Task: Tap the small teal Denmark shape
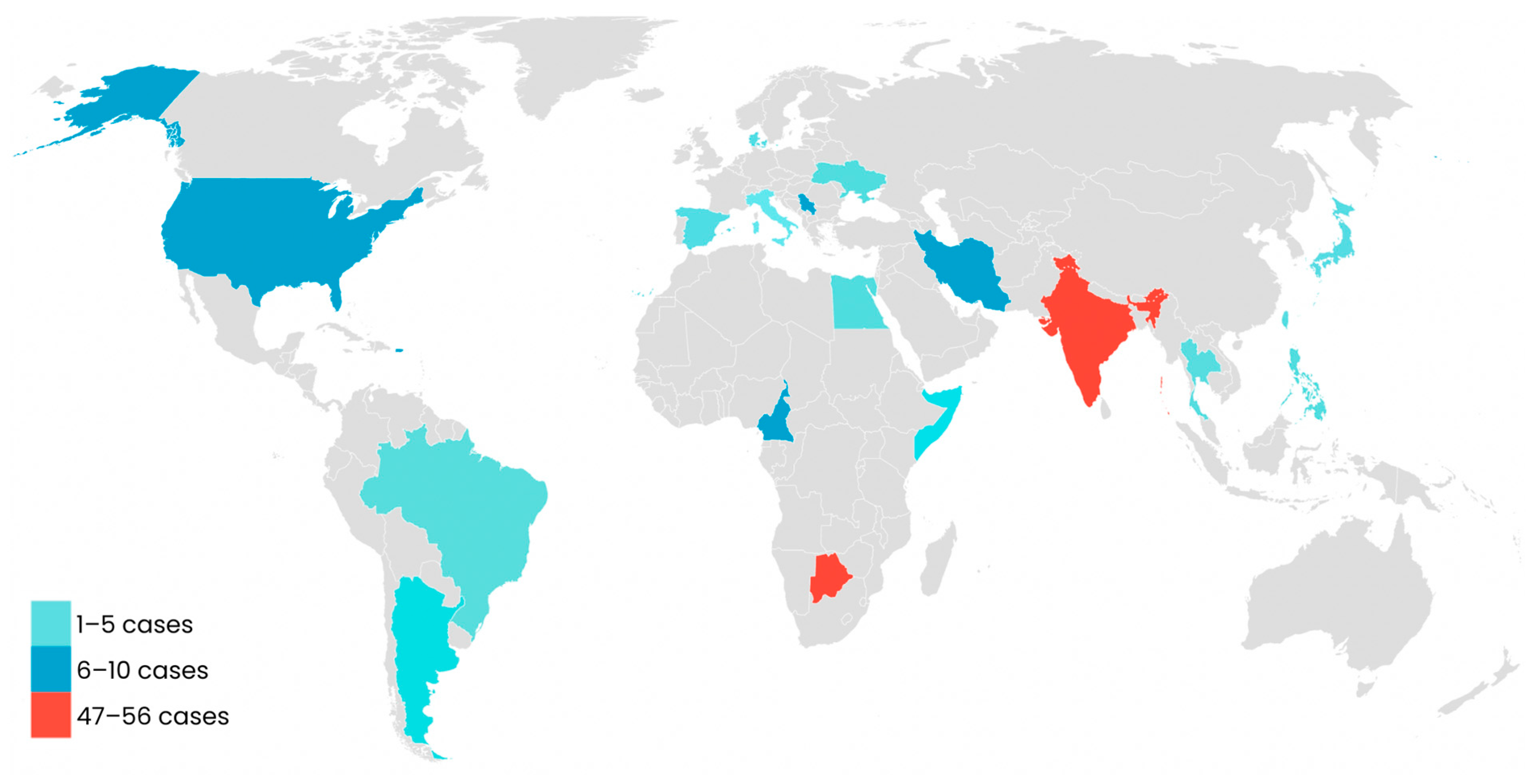coord(754,140)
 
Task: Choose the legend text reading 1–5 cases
coord(135,624)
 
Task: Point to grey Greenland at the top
coord(569,59)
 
